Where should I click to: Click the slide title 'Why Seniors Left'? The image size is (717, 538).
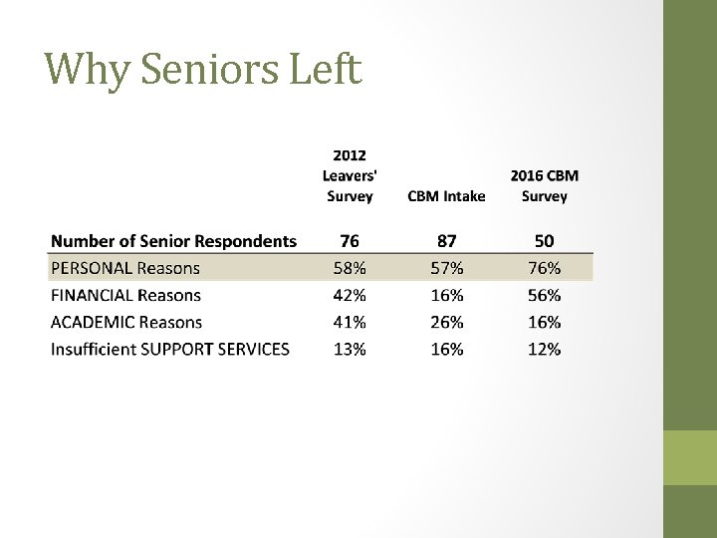[x=203, y=70]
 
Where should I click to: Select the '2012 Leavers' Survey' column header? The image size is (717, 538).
[x=350, y=176]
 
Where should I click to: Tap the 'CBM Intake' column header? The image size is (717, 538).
[x=446, y=196]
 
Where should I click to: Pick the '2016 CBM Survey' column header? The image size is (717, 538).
[x=544, y=186]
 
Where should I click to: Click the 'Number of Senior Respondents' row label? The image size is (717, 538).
[x=173, y=241]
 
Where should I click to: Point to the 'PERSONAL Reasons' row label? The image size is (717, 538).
[x=125, y=268]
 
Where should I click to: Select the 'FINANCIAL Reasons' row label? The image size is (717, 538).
[x=125, y=296]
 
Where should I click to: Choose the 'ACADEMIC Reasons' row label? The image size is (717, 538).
[x=126, y=323]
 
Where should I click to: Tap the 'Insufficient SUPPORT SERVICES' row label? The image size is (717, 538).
[x=170, y=350]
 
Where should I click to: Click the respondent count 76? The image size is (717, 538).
[x=350, y=241]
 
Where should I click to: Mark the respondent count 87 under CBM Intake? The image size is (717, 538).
[x=446, y=241]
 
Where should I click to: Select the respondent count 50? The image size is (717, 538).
[x=544, y=241]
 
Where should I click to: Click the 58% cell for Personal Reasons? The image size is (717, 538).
[x=350, y=268]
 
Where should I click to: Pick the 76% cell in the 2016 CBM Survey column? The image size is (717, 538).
[x=544, y=268]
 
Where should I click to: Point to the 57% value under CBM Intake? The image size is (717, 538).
[x=446, y=268]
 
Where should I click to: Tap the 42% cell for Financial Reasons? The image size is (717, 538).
[x=350, y=296]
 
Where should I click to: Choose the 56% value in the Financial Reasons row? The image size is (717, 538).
[x=544, y=296]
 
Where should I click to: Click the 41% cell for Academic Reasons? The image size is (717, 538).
[x=350, y=323]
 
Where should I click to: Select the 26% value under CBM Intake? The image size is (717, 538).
[x=446, y=323]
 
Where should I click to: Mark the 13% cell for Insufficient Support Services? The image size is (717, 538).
[x=350, y=350]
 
